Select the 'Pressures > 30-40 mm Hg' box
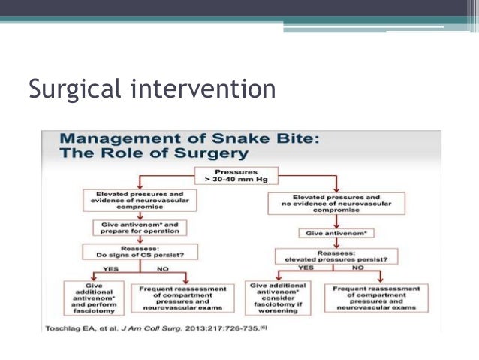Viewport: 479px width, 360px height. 236,176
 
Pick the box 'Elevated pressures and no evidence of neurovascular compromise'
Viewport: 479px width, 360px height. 335,203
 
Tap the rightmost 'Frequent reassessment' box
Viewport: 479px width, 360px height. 375,295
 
